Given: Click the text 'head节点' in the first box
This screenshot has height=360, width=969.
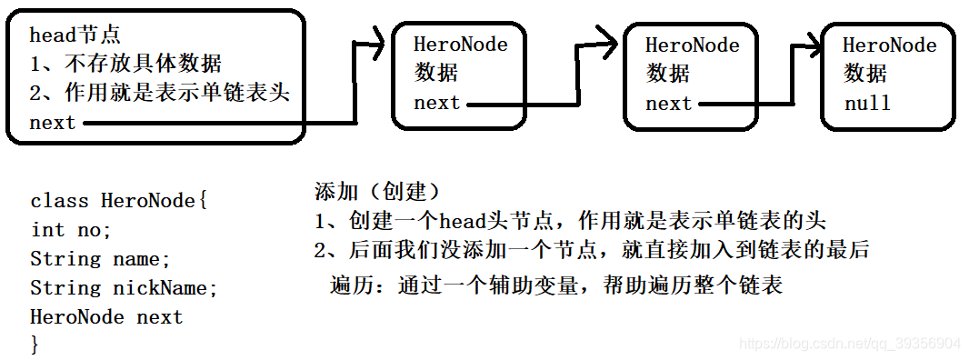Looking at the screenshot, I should pyautogui.click(x=75, y=35).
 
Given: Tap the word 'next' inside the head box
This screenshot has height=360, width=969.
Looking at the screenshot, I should pyautogui.click(x=53, y=123).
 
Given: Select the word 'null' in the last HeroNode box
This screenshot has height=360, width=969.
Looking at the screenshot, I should pyautogui.click(x=867, y=103).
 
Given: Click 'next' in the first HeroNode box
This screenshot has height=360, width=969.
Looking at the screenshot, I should pyautogui.click(x=437, y=103).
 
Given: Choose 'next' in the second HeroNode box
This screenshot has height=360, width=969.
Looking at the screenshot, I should pyautogui.click(x=669, y=104).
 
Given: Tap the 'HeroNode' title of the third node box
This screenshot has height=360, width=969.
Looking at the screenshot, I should pyautogui.click(x=889, y=45).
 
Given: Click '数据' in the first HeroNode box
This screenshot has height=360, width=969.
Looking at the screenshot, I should pyautogui.click(x=436, y=73).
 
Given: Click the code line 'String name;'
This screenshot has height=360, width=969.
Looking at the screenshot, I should pyautogui.click(x=100, y=259).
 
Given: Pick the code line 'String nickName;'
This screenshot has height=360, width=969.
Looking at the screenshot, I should pyautogui.click(x=125, y=288).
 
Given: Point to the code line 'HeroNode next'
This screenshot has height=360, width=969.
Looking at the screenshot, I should pyautogui.click(x=106, y=317).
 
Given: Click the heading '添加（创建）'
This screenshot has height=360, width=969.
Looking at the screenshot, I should pyautogui.click(x=376, y=192).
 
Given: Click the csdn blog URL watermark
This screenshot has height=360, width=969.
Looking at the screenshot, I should pyautogui.click(x=849, y=344).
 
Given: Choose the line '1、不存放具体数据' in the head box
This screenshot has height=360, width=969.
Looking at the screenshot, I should pyautogui.click(x=125, y=65).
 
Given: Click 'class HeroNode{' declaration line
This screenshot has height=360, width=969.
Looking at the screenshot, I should pyautogui.click(x=119, y=201).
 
